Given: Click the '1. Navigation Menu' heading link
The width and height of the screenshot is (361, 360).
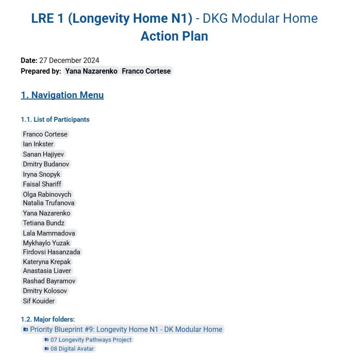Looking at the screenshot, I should [x=62, y=95].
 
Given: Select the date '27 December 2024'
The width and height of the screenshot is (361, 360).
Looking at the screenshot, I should [x=69, y=61].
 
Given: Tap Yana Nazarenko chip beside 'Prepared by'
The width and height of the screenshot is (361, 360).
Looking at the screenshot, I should [x=91, y=71].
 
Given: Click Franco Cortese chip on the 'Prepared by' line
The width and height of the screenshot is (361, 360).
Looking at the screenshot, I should [x=146, y=71].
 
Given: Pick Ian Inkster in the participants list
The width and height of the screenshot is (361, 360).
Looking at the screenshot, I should [x=38, y=144].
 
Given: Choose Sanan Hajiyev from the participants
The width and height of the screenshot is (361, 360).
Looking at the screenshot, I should [x=43, y=154].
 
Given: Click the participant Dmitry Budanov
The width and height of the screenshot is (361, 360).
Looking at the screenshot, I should [x=46, y=164].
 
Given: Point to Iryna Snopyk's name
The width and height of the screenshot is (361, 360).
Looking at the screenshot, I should [x=41, y=174].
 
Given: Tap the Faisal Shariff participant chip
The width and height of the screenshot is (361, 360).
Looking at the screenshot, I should [x=42, y=184].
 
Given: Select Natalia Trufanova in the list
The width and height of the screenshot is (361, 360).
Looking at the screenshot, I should [x=49, y=203].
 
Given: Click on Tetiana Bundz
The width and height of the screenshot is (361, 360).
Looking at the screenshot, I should [x=44, y=223].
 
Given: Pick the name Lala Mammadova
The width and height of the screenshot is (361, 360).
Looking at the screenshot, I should [x=49, y=233].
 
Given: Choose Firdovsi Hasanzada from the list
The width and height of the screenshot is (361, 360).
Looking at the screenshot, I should [x=51, y=252].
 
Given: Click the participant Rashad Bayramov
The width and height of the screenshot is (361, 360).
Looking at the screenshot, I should [x=49, y=281].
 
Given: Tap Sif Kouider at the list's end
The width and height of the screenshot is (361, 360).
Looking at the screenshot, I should [x=39, y=301].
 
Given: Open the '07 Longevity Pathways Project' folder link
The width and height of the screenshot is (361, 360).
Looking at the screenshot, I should [x=91, y=340].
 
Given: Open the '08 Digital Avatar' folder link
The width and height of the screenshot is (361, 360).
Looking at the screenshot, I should [x=72, y=349].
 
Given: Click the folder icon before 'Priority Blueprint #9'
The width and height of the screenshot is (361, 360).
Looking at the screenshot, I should [x=26, y=330].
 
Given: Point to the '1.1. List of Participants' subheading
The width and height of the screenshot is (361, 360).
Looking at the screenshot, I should [x=55, y=120].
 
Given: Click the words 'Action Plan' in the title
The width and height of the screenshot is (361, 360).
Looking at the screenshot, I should [x=174, y=36].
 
